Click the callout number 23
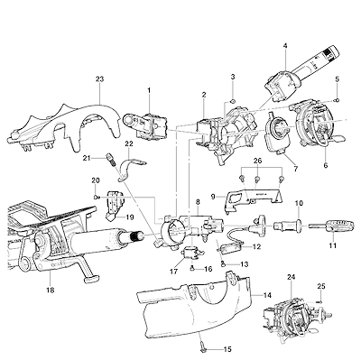point(99,79)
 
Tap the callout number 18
point(51,291)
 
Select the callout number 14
point(267,296)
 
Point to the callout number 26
point(257,161)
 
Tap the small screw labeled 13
point(223,263)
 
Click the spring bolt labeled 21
point(111,159)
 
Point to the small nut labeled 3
point(233,101)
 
